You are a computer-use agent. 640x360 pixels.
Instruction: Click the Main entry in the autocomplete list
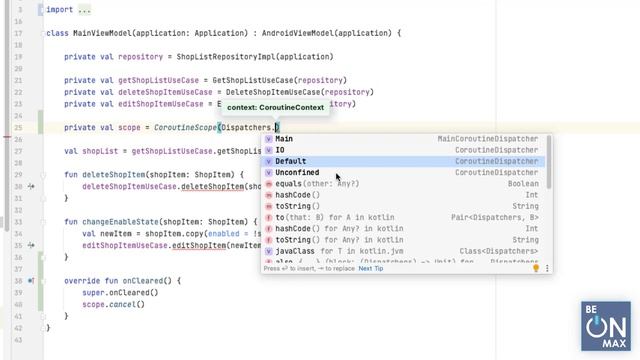[x=285, y=139]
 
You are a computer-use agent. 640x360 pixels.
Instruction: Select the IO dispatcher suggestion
[x=281, y=150]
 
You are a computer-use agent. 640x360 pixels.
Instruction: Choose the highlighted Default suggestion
[x=291, y=161]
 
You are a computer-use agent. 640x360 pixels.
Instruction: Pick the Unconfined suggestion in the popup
[x=297, y=173]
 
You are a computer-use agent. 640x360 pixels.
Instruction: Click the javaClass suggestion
[x=296, y=251]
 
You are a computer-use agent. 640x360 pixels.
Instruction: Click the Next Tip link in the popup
[x=371, y=268]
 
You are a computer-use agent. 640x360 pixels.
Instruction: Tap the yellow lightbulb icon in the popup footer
[x=536, y=268]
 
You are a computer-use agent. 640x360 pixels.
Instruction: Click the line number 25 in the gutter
[x=19, y=127]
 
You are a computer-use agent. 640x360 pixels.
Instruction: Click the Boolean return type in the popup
[x=523, y=184]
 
